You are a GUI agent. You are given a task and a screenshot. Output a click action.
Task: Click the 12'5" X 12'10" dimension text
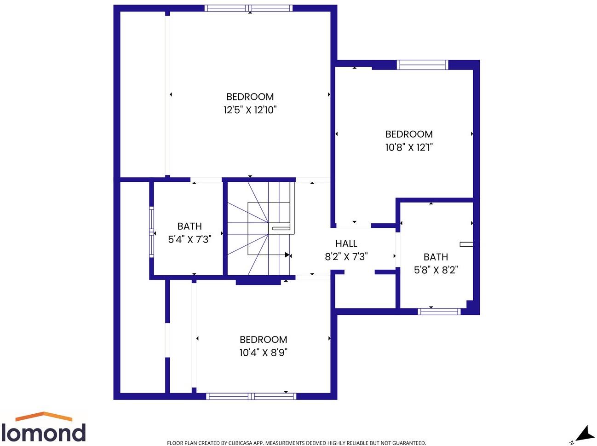(250, 110)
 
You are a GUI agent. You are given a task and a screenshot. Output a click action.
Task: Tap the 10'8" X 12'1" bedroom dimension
(409, 147)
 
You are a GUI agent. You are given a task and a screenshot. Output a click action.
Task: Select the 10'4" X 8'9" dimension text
(263, 353)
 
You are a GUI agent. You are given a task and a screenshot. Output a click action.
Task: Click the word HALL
(346, 243)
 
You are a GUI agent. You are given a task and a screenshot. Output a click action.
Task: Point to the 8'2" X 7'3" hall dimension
(346, 256)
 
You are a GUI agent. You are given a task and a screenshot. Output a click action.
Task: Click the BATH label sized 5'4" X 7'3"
(189, 226)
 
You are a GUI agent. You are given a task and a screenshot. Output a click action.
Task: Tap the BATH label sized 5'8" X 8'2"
(436, 257)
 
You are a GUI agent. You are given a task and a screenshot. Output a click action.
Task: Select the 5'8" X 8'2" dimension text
(436, 270)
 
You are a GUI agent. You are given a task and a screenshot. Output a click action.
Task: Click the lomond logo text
(43, 433)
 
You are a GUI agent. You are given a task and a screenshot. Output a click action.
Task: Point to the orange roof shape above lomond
(44, 416)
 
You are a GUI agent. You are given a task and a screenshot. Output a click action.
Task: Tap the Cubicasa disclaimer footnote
(296, 443)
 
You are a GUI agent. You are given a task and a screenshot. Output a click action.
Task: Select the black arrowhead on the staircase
(287, 255)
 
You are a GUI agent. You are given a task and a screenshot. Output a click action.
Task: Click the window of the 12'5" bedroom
(248, 8)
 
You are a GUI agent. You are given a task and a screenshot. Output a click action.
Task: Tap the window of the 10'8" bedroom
(422, 65)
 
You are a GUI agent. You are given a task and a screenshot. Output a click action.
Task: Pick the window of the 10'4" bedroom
(251, 396)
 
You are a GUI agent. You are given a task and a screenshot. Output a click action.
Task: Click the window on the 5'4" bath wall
(151, 231)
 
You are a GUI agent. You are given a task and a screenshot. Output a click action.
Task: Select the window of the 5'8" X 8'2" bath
(439, 312)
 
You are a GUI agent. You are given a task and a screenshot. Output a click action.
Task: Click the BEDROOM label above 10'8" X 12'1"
(409, 134)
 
